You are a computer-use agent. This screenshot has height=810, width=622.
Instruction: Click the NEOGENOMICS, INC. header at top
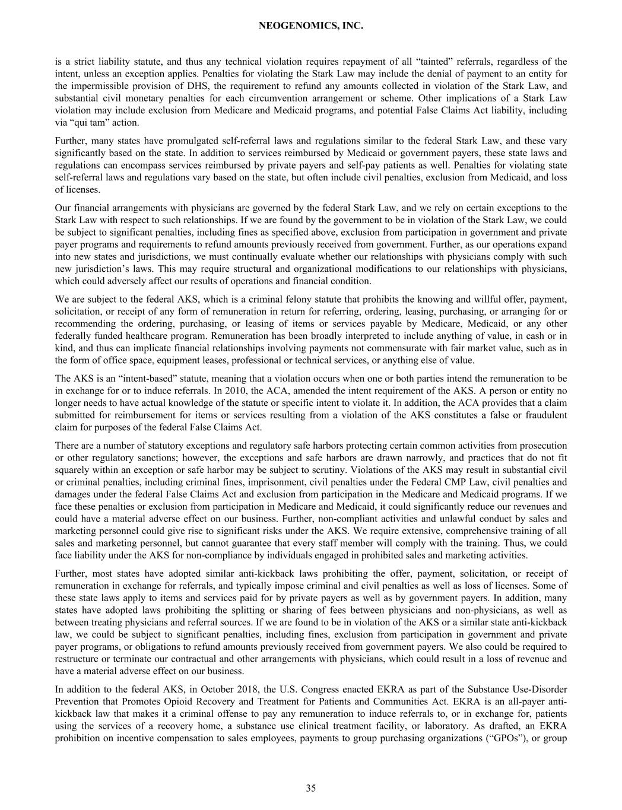tap(311, 26)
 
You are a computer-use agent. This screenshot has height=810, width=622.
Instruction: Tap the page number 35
tap(311, 788)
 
